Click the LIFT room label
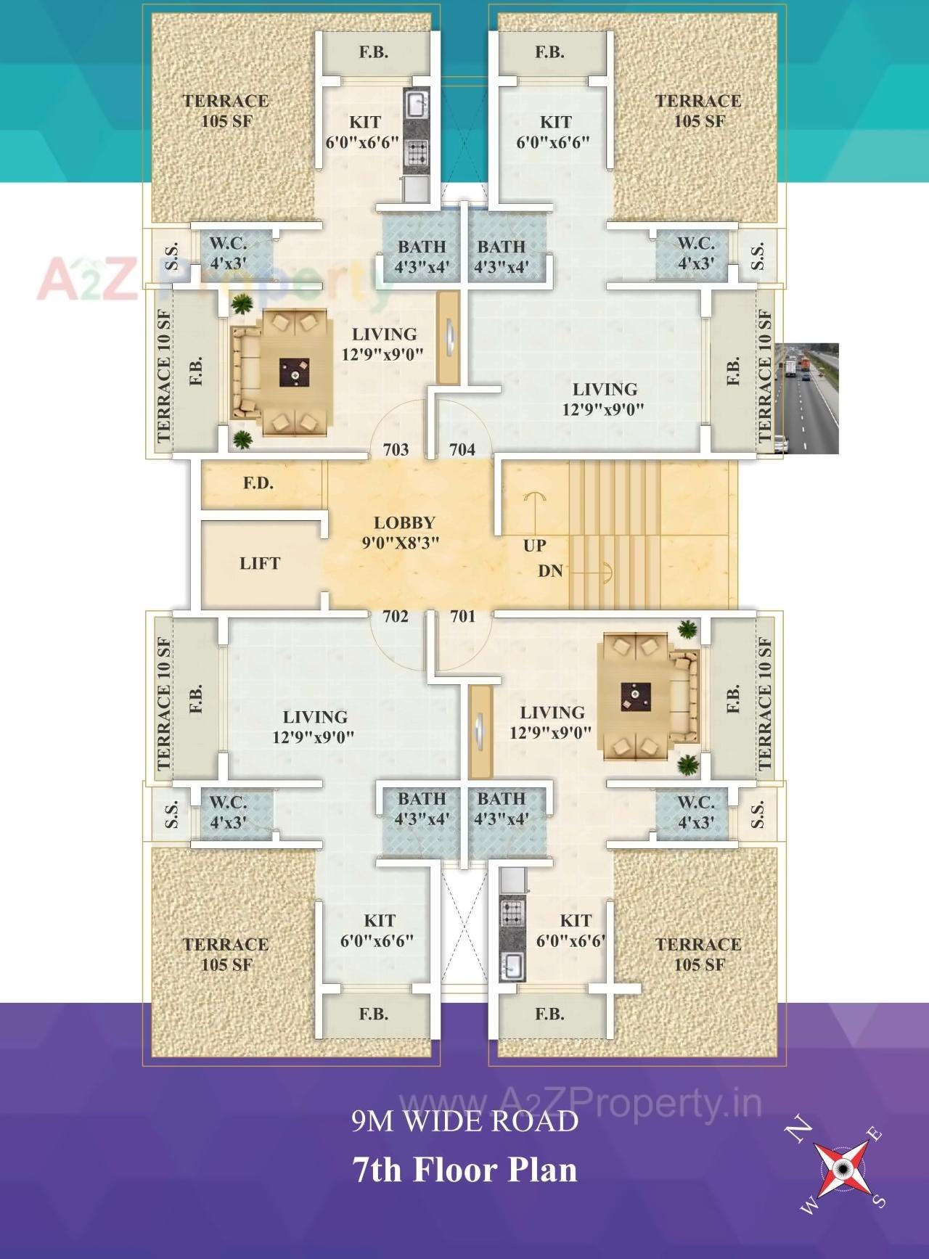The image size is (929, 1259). (x=259, y=563)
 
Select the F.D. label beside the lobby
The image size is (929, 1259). (x=258, y=483)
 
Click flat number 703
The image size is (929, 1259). (x=396, y=450)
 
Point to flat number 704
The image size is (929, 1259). (x=462, y=450)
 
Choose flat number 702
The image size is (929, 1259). (x=396, y=617)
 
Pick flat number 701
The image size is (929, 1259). (x=463, y=617)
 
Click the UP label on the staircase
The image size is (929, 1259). (x=534, y=546)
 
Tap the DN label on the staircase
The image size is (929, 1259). (x=550, y=571)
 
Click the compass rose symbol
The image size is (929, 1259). (x=842, y=1168)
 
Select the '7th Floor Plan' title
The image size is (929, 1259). (x=464, y=1170)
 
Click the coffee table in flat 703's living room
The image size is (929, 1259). (x=295, y=373)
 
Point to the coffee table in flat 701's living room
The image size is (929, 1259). (x=635, y=697)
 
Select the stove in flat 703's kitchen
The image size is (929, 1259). (x=417, y=152)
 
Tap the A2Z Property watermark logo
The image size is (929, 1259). (x=210, y=279)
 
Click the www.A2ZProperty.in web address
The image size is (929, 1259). (x=581, y=1103)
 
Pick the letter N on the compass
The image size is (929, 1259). (x=800, y=1129)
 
